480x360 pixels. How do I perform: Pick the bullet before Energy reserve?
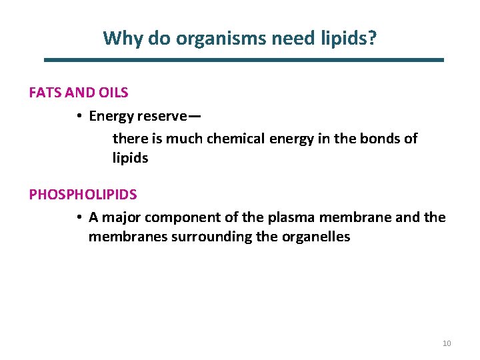pos(79,116)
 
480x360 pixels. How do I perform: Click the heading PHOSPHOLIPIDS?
pos(83,195)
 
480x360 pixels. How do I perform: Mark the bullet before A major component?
pos(79,217)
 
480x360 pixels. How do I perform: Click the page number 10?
pos(447,343)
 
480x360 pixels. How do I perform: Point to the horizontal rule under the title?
pos(243,60)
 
